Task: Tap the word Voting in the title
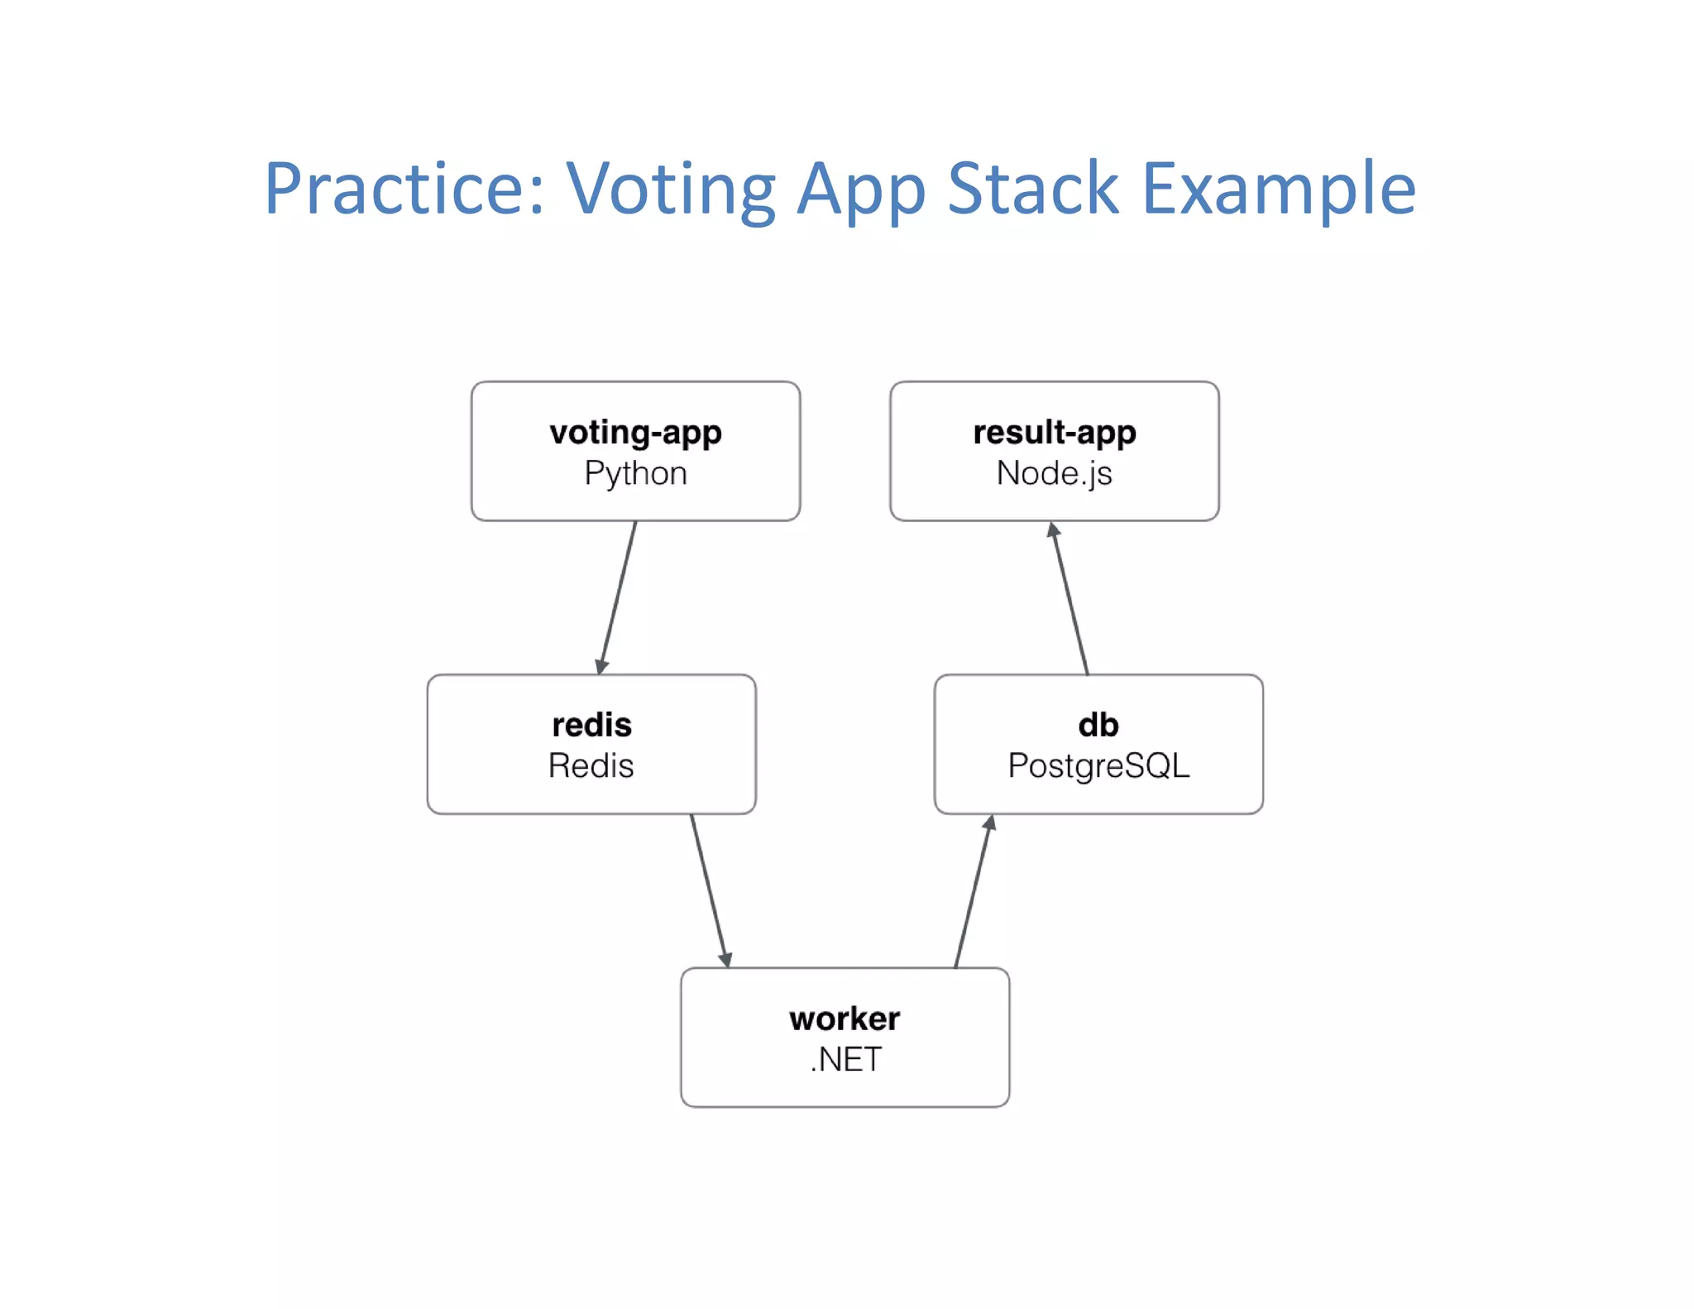(x=671, y=190)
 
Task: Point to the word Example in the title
(x=1279, y=190)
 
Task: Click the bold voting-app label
(x=635, y=433)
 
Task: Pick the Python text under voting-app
(x=635, y=473)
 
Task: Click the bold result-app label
(x=1054, y=433)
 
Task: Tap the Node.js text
(x=1054, y=473)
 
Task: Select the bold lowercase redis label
(x=591, y=725)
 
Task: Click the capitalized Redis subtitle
(x=591, y=765)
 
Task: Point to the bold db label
(x=1098, y=725)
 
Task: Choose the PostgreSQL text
(x=1098, y=765)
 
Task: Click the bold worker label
(x=845, y=1019)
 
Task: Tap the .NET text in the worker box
(x=845, y=1059)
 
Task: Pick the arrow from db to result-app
(x=1070, y=598)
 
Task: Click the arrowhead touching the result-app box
(x=1053, y=530)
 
